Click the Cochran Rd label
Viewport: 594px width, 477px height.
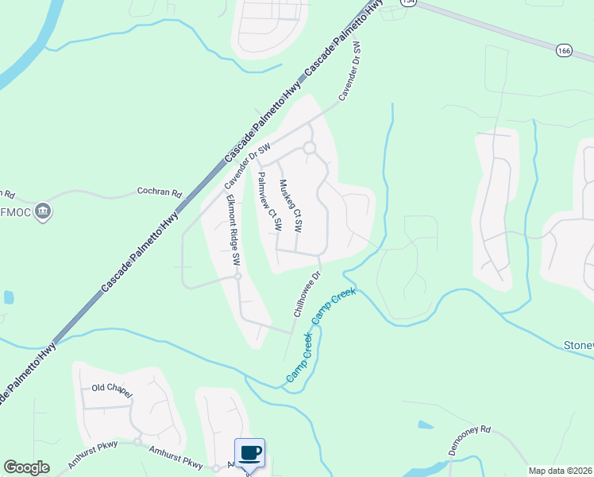point(159,193)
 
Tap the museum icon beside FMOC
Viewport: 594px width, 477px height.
point(44,211)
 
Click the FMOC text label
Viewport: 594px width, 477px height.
point(17,212)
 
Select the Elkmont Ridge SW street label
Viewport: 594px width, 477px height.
point(233,229)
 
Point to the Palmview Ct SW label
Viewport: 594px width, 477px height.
point(268,203)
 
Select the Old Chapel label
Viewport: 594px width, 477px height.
point(110,389)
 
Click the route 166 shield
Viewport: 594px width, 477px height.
point(564,49)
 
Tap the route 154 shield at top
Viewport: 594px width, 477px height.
point(408,2)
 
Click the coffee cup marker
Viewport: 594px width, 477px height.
point(249,452)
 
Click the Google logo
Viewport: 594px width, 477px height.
point(26,467)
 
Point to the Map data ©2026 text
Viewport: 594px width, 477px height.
point(560,471)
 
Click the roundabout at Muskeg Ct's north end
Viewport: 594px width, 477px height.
point(309,148)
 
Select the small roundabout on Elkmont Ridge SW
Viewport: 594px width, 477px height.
point(237,277)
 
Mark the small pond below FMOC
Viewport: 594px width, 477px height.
point(8,297)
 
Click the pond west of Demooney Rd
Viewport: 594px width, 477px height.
point(425,425)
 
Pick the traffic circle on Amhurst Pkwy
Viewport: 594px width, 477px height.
point(137,441)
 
